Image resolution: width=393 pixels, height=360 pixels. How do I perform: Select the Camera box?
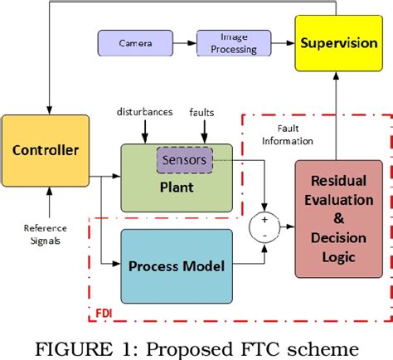[133, 42]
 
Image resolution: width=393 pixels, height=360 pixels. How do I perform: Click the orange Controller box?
[44, 150]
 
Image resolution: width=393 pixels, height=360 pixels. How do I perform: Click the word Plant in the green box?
[177, 187]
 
